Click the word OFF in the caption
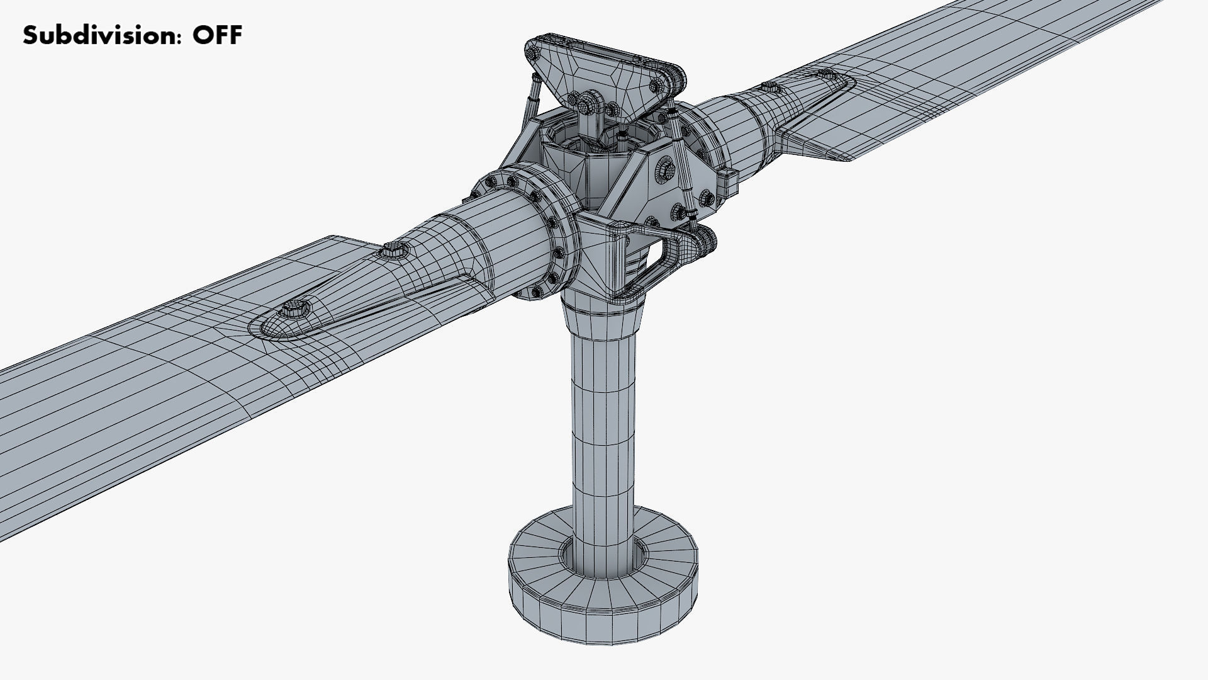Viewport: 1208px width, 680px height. (x=217, y=35)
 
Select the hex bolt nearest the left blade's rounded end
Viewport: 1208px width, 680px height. (x=294, y=309)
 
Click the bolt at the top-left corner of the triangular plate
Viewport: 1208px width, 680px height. (x=535, y=54)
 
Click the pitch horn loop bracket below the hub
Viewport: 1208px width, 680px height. (x=661, y=258)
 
